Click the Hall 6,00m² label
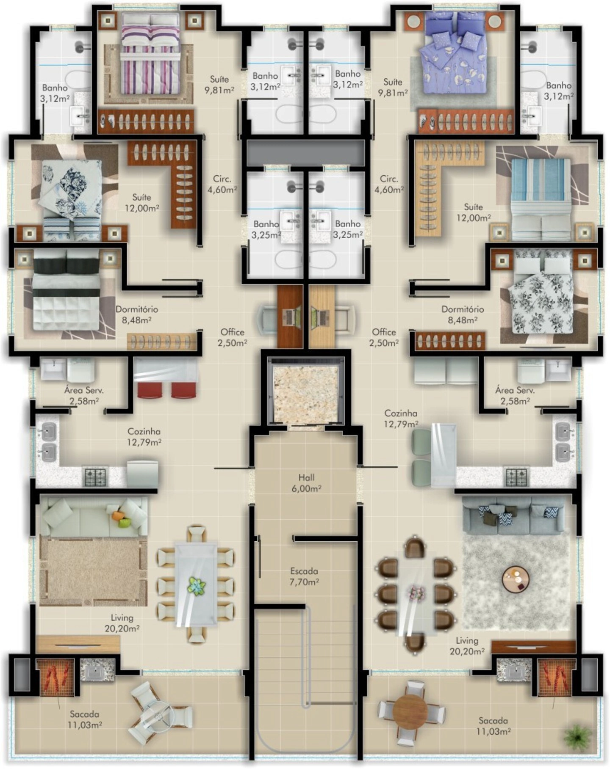pyautogui.click(x=306, y=483)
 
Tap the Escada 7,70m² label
pyautogui.click(x=304, y=576)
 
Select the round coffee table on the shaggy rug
pyautogui.click(x=516, y=579)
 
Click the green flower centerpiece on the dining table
pyautogui.click(x=196, y=587)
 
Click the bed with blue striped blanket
pyautogui.click(x=541, y=199)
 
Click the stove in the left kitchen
pyautogui.click(x=96, y=477)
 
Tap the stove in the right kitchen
pyautogui.click(x=517, y=477)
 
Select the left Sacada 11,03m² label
pyautogui.click(x=85, y=719)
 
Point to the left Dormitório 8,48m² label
pyautogui.click(x=137, y=314)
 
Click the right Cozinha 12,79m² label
pyautogui.click(x=401, y=418)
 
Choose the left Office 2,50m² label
pyautogui.click(x=232, y=337)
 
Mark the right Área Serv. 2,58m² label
pyautogui.click(x=515, y=395)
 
